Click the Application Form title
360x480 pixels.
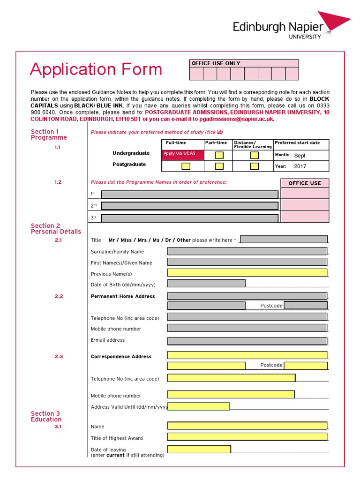pyautogui.click(x=96, y=69)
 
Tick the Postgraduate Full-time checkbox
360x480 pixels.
pyautogui.click(x=186, y=166)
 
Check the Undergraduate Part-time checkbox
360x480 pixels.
pyautogui.click(x=219, y=155)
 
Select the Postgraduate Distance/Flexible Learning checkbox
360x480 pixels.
pyautogui.click(x=254, y=166)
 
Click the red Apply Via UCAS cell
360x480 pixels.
pyautogui.click(x=183, y=155)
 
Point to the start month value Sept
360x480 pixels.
pyautogui.click(x=300, y=155)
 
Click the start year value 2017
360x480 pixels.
pyautogui.click(x=300, y=166)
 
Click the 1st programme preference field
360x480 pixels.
pyautogui.click(x=189, y=195)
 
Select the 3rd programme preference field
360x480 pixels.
pyautogui.click(x=189, y=217)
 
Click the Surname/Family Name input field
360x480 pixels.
pyautogui.click(x=247, y=251)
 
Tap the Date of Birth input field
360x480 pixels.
pyautogui.click(x=206, y=283)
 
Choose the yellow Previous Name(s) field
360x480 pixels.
pyautogui.click(x=247, y=272)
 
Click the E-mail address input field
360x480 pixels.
pyautogui.click(x=247, y=341)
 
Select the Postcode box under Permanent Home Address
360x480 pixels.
pyautogui.click(x=305, y=306)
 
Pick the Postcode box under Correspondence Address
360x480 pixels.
pyautogui.click(x=305, y=366)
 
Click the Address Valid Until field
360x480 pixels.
pyautogui.click(x=199, y=406)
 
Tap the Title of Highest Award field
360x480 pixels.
pyautogui.click(x=247, y=437)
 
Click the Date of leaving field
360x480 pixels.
pyautogui.click(x=199, y=450)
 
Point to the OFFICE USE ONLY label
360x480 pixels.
pyautogui.click(x=216, y=63)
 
